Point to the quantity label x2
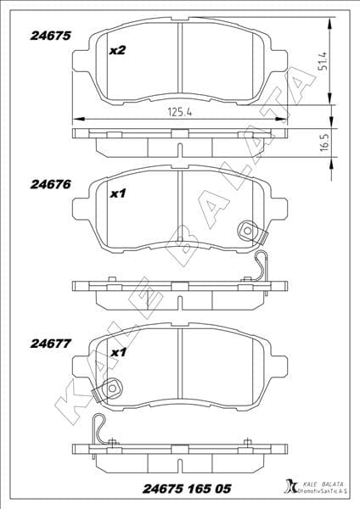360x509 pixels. point(118,51)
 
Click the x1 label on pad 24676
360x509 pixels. point(118,193)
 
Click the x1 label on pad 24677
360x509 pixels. point(118,351)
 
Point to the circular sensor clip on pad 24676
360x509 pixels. point(249,229)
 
